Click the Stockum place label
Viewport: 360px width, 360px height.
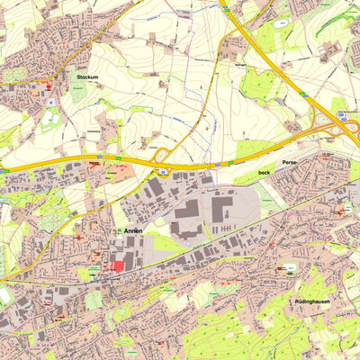(87, 78)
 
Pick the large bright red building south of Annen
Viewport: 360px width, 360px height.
(117, 266)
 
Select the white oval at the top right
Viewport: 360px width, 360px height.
(283, 20)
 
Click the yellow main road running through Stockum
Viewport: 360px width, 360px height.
(45, 80)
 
